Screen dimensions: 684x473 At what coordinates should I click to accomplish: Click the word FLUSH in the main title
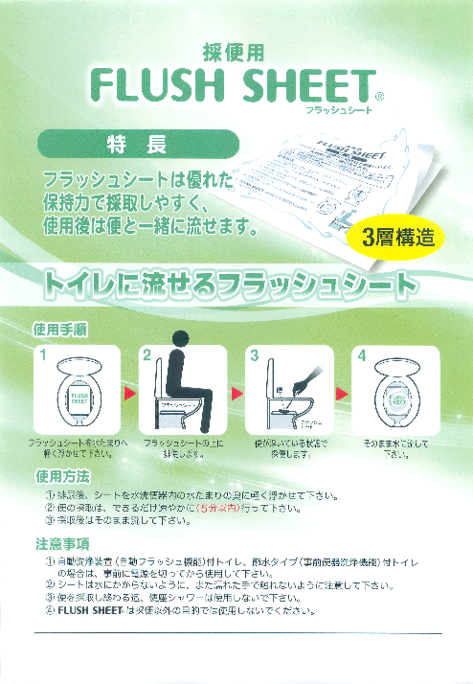pyautogui.click(x=154, y=88)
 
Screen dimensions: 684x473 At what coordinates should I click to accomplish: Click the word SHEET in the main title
pyautogui.click(x=301, y=88)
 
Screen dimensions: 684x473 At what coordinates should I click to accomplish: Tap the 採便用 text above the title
pyautogui.click(x=236, y=53)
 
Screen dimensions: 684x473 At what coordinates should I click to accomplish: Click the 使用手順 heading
pyautogui.click(x=61, y=328)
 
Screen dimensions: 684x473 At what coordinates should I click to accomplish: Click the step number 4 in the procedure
pyautogui.click(x=362, y=355)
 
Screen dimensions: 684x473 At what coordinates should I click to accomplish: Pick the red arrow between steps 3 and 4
pyautogui.click(x=335, y=393)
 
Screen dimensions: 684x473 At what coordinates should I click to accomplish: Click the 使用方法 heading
pyautogui.click(x=61, y=475)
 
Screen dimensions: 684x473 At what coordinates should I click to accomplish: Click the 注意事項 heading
pyautogui.click(x=61, y=544)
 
